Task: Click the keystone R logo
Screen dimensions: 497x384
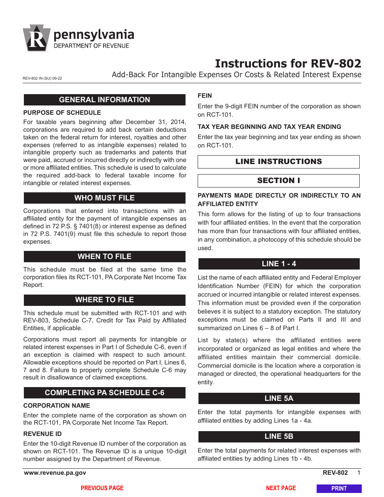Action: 37,38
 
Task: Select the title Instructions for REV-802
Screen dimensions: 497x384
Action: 288,63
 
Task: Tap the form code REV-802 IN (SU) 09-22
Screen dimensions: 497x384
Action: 42,79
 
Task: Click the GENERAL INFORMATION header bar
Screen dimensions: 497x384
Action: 104,100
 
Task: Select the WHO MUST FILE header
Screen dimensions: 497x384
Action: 104,198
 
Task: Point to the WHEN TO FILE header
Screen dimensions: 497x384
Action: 104,257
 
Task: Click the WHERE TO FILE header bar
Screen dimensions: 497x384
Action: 104,300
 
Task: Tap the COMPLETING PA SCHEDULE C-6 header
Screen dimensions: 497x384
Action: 104,393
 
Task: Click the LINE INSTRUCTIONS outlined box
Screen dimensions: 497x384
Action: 279,162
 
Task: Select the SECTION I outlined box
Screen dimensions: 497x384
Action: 279,181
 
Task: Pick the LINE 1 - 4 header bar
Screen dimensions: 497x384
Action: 279,264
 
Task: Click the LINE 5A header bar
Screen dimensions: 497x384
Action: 279,398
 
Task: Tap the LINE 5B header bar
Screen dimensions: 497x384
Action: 279,436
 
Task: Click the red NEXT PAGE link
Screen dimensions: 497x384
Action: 281,488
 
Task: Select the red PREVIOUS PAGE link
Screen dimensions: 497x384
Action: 102,488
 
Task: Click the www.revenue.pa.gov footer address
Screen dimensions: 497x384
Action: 55,473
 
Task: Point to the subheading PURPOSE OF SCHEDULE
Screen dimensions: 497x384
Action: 62,112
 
